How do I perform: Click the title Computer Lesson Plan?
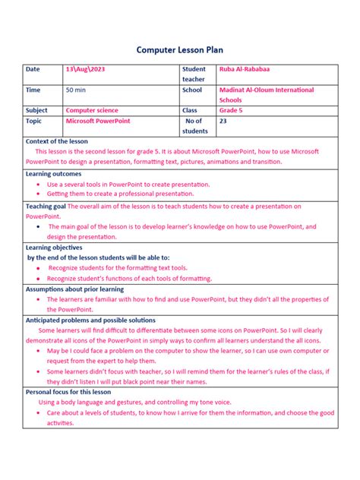pos(180,49)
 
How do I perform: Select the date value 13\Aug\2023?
pos(86,69)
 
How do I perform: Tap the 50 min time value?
pos(75,90)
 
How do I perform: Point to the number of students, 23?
pos(223,121)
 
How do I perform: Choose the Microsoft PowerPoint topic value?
pos(98,121)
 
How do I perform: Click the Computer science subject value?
pos(92,110)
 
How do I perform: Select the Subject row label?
pos(37,110)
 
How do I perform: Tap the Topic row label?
pos(35,121)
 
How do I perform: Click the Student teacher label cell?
pos(194,74)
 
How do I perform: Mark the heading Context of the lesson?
pos(57,141)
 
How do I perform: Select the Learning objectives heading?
pos(55,247)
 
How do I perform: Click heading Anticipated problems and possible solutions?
pos(90,321)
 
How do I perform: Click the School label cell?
pos(193,90)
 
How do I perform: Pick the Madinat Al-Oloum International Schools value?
pos(265,94)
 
